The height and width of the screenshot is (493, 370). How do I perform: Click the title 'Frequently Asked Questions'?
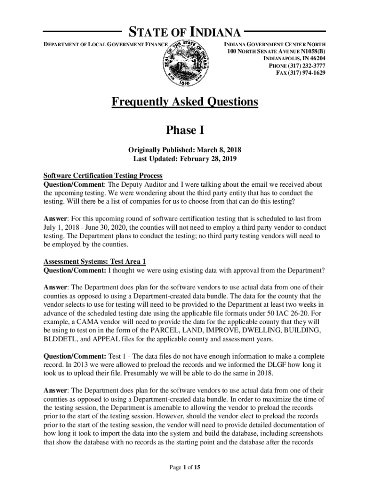pos(185,102)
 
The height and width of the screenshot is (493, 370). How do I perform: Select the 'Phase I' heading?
pos(185,130)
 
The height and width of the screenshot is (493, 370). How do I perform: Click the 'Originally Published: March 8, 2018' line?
pos(185,150)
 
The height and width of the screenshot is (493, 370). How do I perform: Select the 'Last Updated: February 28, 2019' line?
pos(185,158)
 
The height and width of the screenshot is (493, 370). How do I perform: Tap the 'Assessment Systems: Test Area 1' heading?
pos(95,261)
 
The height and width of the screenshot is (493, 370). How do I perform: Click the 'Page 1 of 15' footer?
pos(185,467)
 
